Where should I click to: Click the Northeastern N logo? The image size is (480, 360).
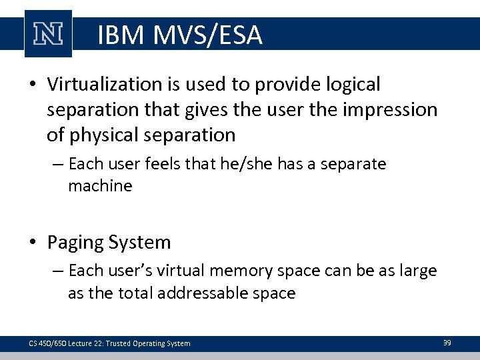(48, 33)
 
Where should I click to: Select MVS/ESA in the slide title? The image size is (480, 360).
(207, 35)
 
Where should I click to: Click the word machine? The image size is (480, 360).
(100, 186)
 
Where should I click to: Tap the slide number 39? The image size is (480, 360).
(447, 343)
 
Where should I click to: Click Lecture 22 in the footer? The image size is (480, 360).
(80, 343)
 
